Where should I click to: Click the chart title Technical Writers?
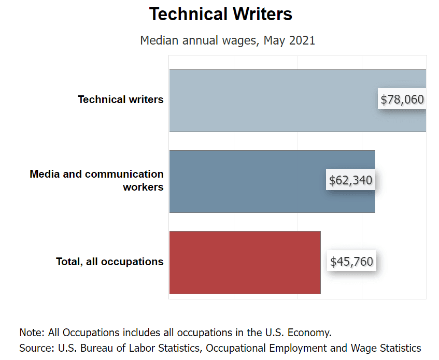tap(220, 15)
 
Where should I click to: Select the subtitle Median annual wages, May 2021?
tap(228, 40)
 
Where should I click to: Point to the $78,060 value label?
tap(402, 99)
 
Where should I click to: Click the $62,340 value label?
tap(350, 180)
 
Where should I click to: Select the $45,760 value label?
tap(351, 262)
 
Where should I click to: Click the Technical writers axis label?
tap(121, 99)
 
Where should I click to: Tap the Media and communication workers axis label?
tap(97, 180)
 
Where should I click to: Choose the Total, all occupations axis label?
tap(110, 262)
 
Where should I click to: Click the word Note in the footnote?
tap(31, 332)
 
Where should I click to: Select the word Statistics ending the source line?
tap(400, 348)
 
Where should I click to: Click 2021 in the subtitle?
tap(302, 40)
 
